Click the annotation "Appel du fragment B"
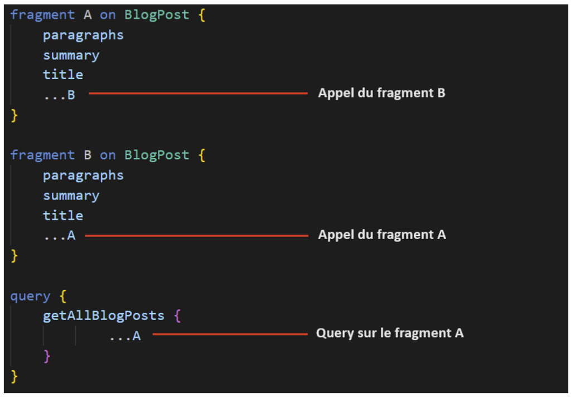(381, 93)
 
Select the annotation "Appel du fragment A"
(382, 235)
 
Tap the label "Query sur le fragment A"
(390, 333)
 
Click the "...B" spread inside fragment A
(59, 95)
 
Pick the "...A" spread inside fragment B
(59, 236)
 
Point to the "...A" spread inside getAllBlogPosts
(125, 336)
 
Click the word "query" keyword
(30, 297)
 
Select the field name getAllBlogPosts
(103, 316)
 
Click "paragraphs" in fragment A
(84, 35)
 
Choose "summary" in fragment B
(71, 196)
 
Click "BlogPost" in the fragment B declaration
(157, 155)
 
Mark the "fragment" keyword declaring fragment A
(42, 15)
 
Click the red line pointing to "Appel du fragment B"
(198, 94)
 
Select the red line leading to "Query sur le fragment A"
(230, 334)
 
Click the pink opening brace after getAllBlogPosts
(177, 316)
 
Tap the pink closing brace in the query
(47, 356)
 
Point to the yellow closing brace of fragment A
(14, 115)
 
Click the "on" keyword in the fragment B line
(108, 156)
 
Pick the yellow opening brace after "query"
(63, 297)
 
